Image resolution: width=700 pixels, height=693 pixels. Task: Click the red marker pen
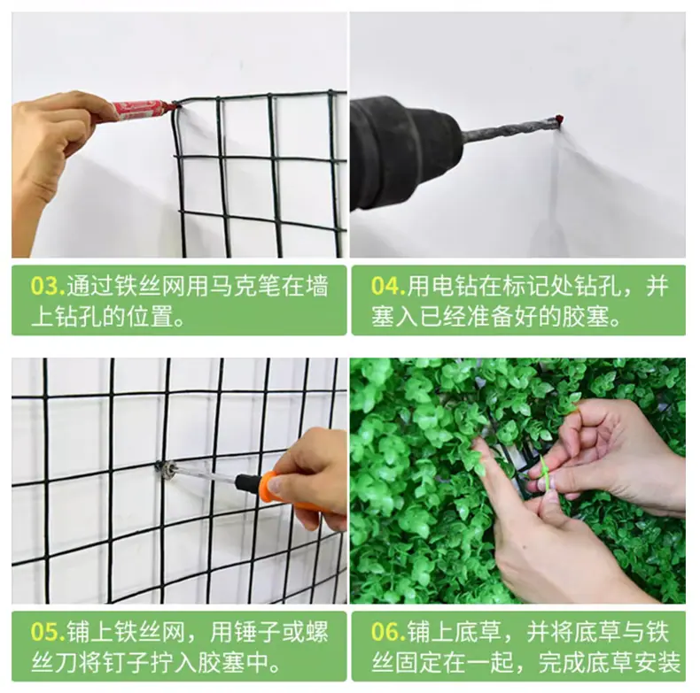137,110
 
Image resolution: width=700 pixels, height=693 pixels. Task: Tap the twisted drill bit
509,128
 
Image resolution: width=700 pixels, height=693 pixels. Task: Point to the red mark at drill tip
558,119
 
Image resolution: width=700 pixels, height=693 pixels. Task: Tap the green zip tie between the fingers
546,473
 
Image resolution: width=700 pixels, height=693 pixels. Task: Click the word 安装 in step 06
656,663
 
